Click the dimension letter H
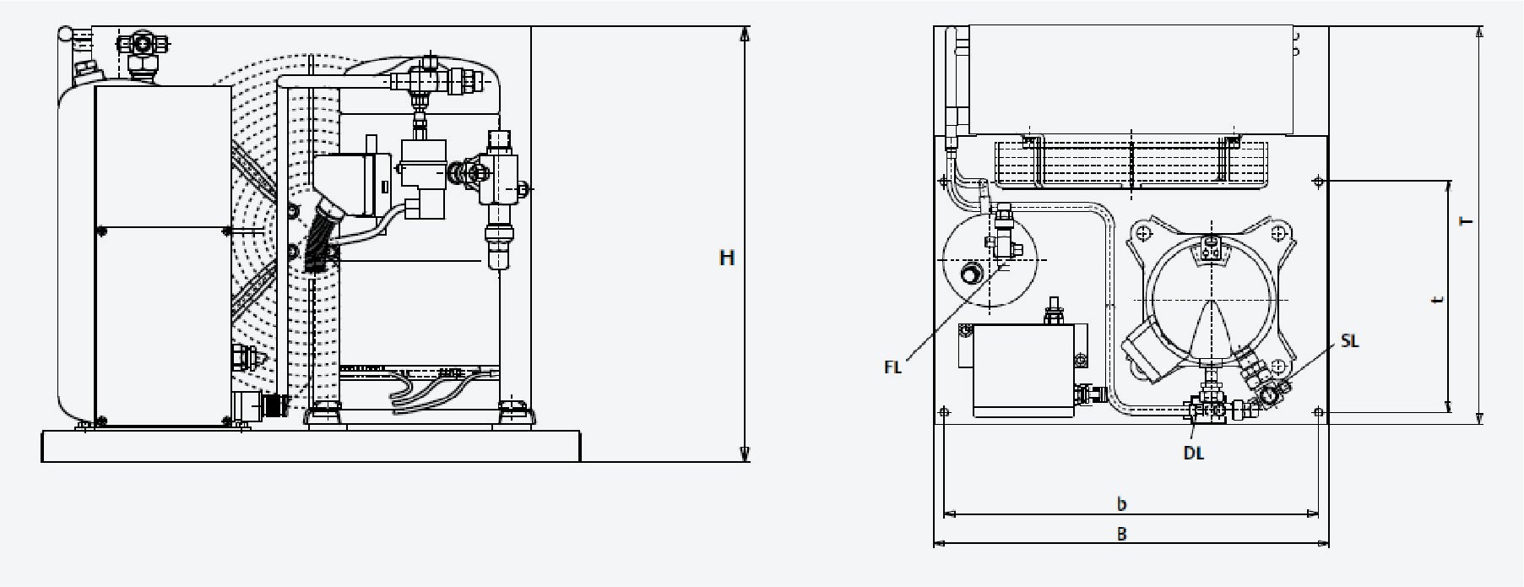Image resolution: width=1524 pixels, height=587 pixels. click(727, 258)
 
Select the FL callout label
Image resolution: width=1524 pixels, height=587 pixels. click(893, 367)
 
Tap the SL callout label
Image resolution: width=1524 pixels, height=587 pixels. click(1350, 341)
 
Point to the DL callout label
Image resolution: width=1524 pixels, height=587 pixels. click(1193, 453)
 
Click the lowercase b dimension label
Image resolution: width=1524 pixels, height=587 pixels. click(1121, 504)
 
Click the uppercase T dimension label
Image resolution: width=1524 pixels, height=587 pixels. click(1467, 221)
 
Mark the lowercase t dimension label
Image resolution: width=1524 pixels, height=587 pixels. click(1437, 300)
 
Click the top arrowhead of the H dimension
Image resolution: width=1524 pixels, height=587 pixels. click(745, 34)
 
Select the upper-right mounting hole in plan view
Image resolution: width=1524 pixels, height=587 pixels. click(1318, 181)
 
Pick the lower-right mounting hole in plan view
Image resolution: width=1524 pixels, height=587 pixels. click(1319, 412)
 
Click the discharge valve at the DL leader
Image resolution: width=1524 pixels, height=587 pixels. click(1210, 409)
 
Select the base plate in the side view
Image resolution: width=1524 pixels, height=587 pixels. click(311, 445)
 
